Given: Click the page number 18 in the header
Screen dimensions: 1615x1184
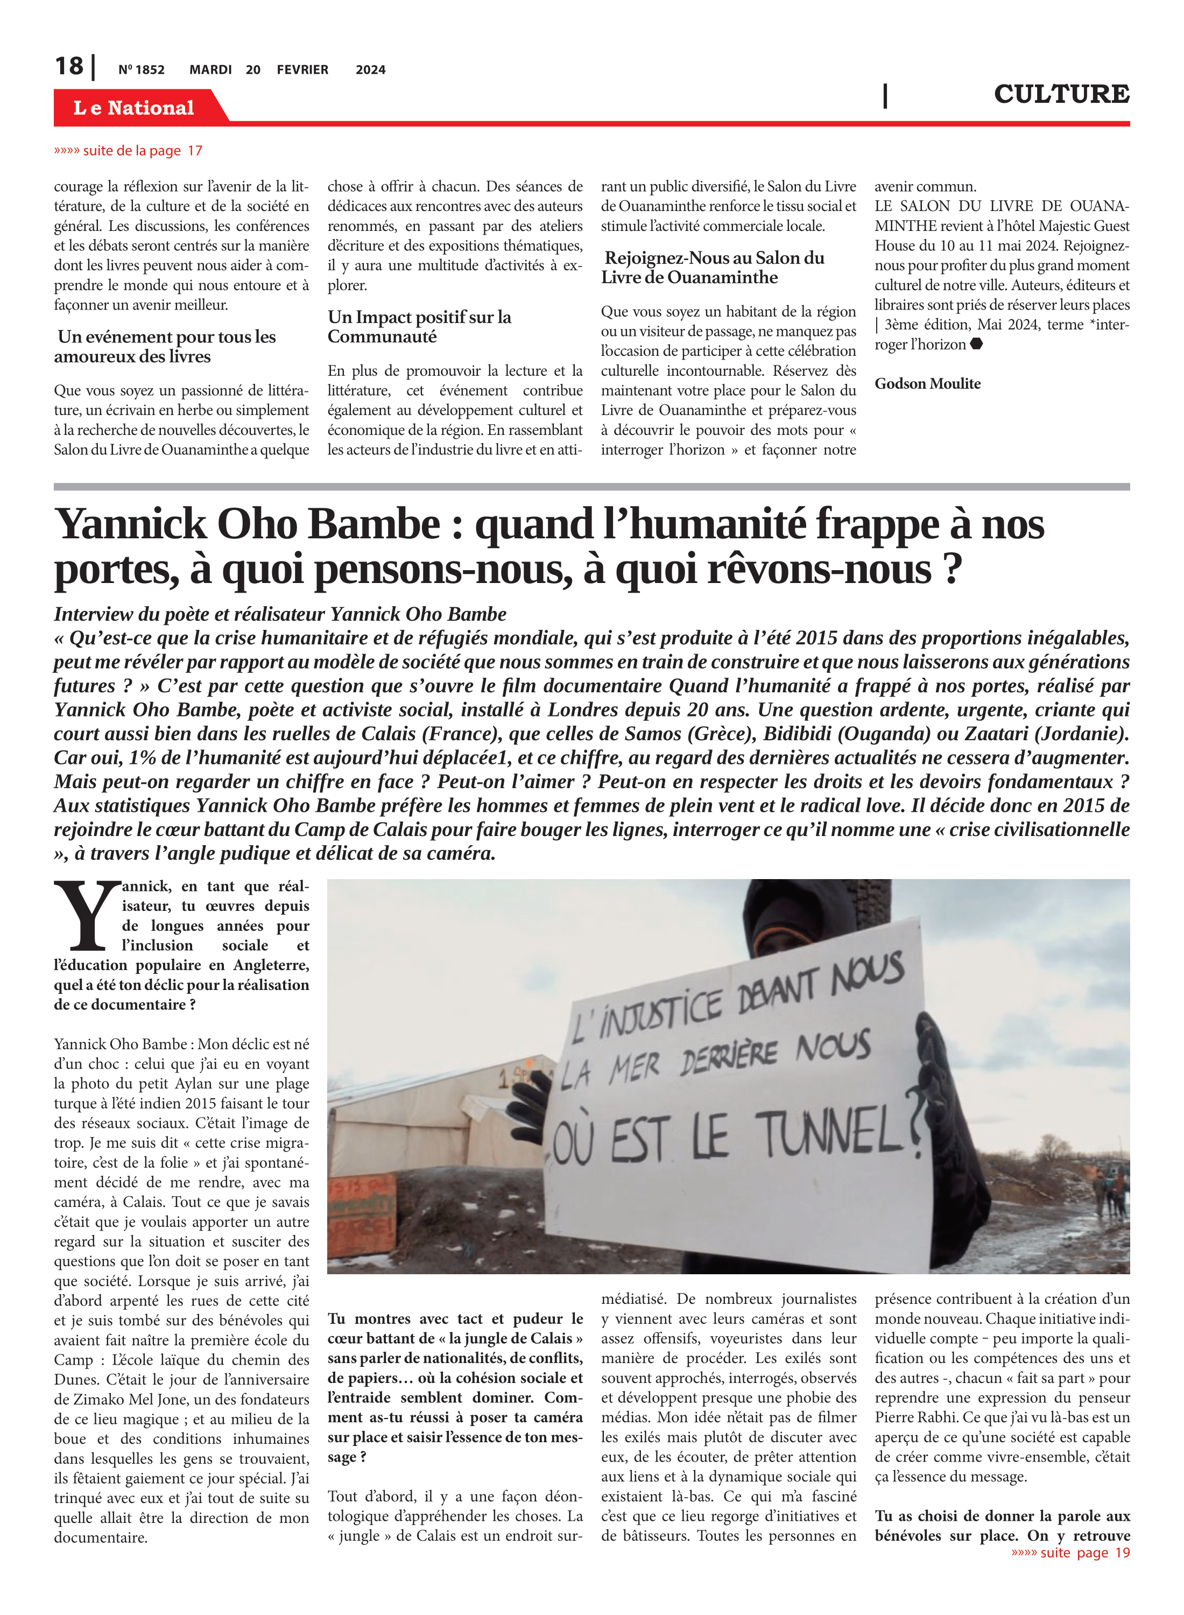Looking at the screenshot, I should (x=69, y=66).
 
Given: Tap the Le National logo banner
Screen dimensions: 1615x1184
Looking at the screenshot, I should (x=134, y=108).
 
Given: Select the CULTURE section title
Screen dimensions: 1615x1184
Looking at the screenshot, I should (x=1061, y=94).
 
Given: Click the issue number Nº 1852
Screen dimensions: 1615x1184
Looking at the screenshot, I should (x=141, y=70).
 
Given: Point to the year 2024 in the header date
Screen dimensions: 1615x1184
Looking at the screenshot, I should (x=370, y=70).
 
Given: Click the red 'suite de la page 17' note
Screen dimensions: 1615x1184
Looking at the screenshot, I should (x=128, y=151).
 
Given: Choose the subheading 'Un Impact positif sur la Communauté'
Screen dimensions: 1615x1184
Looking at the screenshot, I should (x=419, y=327).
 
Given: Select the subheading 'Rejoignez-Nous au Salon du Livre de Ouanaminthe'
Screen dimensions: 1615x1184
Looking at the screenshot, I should (x=713, y=268).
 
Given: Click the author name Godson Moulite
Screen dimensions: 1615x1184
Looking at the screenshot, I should (x=927, y=383).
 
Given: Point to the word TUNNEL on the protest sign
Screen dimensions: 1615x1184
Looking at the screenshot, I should (x=828, y=1135).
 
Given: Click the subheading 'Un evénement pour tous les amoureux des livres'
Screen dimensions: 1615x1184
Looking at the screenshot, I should (x=166, y=347).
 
